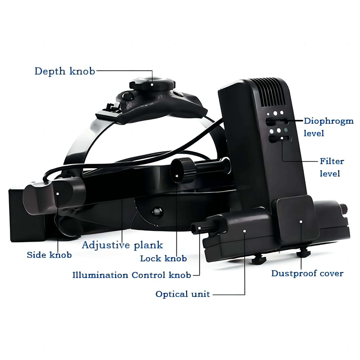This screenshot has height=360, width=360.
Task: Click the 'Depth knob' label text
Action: click(65, 71)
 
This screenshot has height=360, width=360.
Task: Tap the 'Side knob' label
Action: click(49, 255)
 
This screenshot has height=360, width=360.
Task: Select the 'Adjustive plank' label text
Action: click(122, 245)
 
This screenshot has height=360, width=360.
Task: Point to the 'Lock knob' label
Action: click(163, 258)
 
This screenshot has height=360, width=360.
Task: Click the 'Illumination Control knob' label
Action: click(132, 275)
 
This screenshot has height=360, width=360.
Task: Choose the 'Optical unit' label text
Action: click(183, 294)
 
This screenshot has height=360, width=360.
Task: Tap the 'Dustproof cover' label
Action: click(307, 274)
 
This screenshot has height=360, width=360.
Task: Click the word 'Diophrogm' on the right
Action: click(328, 121)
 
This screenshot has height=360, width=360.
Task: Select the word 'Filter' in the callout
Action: click(332, 161)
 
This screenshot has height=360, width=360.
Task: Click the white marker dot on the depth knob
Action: click(152, 85)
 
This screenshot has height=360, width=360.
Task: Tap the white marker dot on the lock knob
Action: click(177, 176)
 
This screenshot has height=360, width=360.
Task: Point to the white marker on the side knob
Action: click(58, 194)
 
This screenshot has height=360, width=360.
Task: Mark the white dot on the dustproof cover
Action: click(301, 221)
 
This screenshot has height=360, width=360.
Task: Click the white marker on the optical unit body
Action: click(245, 231)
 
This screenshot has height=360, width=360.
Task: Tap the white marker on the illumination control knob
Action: click(199, 228)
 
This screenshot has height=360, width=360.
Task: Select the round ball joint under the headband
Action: click(157, 211)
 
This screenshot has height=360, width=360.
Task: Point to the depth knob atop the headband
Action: click(153, 83)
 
